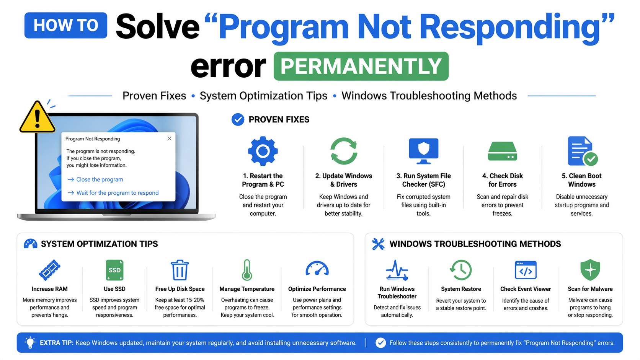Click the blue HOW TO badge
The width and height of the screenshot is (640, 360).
66,25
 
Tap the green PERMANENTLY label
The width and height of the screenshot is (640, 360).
361,66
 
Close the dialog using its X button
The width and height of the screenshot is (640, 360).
169,138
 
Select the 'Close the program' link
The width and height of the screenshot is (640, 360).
100,179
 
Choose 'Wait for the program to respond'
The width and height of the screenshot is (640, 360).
117,193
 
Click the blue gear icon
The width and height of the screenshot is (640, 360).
263,151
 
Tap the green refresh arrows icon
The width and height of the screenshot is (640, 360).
344,151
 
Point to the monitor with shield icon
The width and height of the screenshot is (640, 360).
423,151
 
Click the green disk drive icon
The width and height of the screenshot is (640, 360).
502,151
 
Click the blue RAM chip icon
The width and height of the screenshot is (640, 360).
50,270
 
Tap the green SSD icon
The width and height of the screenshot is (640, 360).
114,270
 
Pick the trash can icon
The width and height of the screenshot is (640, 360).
180,270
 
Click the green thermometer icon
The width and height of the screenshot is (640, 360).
247,270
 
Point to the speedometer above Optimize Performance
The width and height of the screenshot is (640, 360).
317,269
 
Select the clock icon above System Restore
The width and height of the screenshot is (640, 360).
461,270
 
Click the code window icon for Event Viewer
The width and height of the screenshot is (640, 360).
526,270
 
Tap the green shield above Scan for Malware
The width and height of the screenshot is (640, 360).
590,270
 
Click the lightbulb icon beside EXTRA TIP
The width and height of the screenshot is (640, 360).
30,343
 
